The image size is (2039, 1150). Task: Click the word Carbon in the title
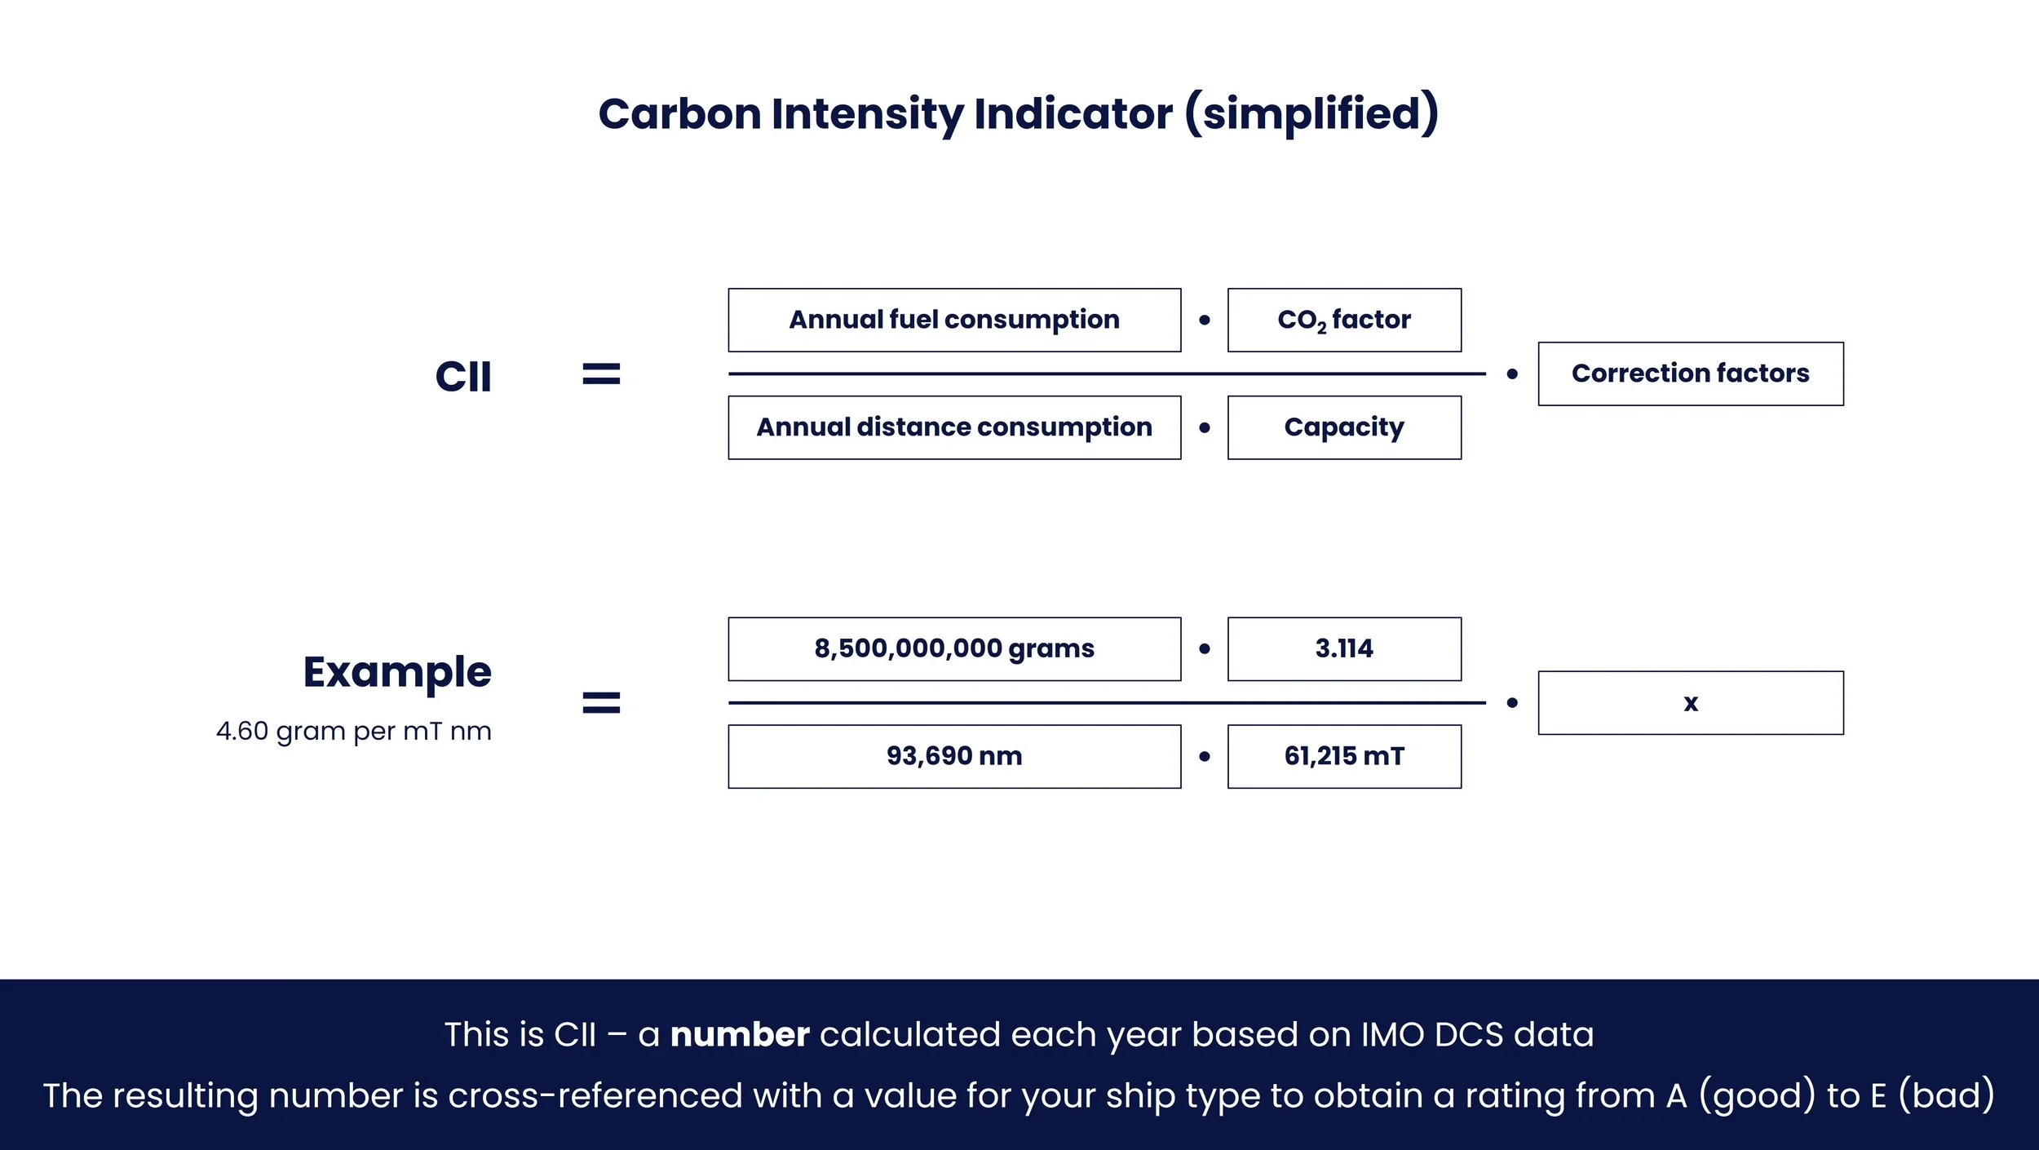679,113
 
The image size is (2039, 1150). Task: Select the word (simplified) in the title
1311,113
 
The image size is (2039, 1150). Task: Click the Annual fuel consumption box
954,320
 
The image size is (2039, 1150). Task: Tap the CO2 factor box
1344,320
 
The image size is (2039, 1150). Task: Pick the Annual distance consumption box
954,427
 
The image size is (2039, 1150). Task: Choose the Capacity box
1344,427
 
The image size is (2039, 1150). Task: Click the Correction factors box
1690,374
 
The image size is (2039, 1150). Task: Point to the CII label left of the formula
463,377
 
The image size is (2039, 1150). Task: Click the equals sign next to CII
601,374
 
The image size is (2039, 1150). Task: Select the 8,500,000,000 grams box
954,648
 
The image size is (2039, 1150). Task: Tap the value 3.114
1344,648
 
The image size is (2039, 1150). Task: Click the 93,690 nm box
954,756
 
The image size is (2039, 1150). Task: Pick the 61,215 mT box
1344,756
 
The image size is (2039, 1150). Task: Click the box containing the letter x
1690,702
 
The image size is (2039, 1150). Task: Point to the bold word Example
397,672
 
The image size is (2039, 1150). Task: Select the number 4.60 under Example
242,731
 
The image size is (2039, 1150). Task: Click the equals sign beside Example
601,702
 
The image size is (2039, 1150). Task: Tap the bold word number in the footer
740,1034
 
